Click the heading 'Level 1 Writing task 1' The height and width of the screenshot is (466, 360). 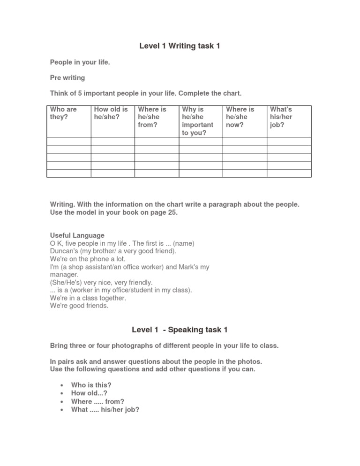(x=180, y=46)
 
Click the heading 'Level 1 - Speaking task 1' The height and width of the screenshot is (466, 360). (x=180, y=330)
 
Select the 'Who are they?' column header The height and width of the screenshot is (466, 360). (x=63, y=113)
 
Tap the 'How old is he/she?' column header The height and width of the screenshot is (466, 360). (x=111, y=113)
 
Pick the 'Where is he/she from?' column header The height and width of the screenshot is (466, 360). (x=152, y=117)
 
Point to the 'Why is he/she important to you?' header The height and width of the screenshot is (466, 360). (x=197, y=121)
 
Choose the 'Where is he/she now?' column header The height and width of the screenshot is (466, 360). (x=240, y=117)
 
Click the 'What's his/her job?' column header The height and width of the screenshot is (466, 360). (x=281, y=117)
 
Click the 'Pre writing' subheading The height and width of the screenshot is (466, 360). (x=67, y=77)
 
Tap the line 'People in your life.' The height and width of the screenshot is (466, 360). (x=80, y=62)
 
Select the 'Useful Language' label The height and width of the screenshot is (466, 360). (x=77, y=235)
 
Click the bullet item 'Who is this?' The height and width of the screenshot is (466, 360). (x=91, y=385)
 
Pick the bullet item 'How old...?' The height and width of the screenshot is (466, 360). (x=89, y=393)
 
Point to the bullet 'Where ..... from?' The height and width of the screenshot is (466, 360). (x=97, y=401)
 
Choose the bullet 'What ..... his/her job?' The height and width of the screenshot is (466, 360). (x=105, y=409)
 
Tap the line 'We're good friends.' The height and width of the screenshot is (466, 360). (x=79, y=306)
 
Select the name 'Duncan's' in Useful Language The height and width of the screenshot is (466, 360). (x=64, y=251)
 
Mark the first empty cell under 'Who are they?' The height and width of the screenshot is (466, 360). (x=68, y=141)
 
